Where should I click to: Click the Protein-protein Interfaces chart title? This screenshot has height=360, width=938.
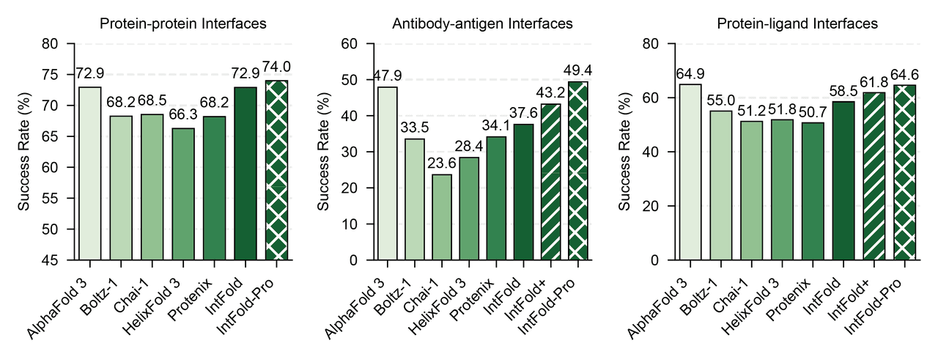click(182, 24)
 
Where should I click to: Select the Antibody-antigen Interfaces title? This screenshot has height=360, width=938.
click(484, 24)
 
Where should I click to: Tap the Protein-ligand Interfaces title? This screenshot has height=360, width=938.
click(798, 24)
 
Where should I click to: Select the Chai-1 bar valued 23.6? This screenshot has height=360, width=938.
click(441, 217)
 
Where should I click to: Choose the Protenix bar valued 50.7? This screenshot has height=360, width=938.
click(812, 191)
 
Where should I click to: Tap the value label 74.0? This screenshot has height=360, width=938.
click(277, 67)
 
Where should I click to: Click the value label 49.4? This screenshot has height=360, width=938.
click(577, 70)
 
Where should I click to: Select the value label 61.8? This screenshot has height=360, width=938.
click(874, 81)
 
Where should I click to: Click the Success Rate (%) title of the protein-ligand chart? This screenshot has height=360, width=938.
click(625, 152)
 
